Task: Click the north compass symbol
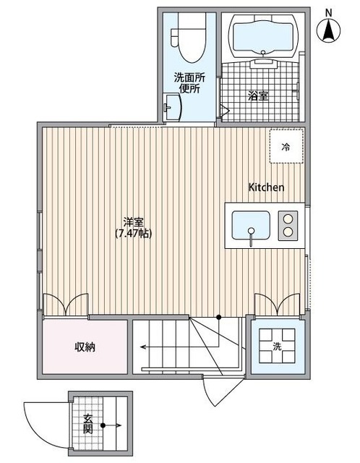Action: coord(329,29)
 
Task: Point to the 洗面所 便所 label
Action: coord(190,84)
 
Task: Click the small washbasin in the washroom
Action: coord(171,107)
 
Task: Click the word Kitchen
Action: coord(266,187)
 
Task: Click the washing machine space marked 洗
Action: coord(277,346)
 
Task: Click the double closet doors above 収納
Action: coord(67,305)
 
